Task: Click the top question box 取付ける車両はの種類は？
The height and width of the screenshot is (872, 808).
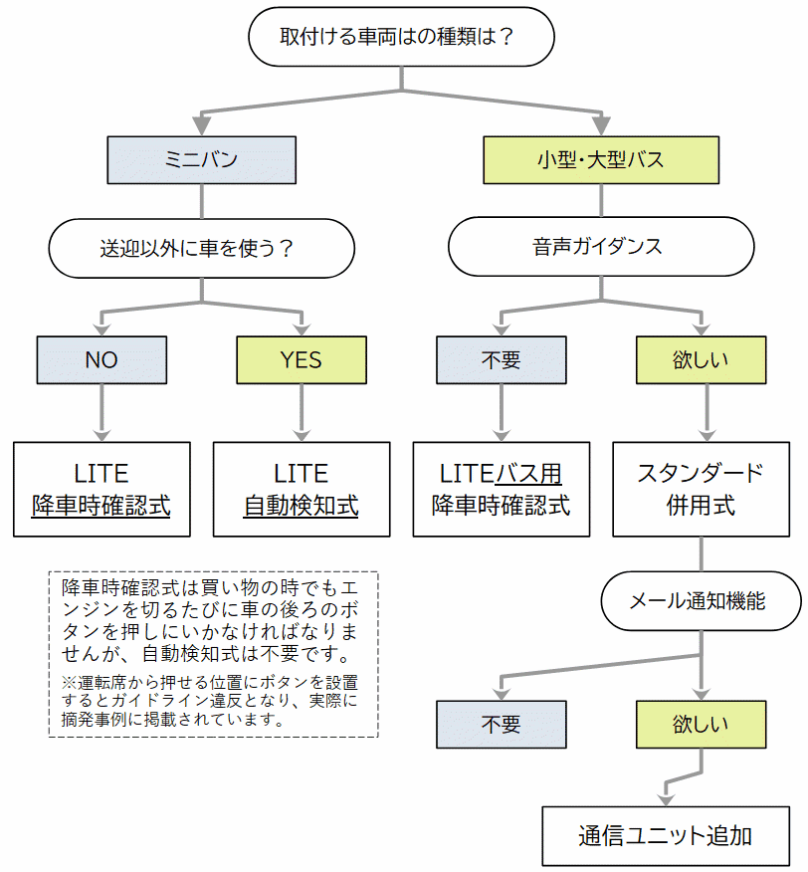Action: (400, 38)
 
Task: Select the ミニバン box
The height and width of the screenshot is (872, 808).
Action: (201, 159)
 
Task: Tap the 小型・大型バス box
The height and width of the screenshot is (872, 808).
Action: (601, 159)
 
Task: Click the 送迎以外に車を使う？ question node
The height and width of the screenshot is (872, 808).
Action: (201, 248)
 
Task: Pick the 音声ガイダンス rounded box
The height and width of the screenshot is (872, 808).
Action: (601, 248)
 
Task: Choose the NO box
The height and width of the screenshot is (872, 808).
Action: (101, 359)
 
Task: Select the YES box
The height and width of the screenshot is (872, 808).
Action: (302, 359)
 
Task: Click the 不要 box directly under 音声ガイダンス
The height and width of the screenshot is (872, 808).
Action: (501, 359)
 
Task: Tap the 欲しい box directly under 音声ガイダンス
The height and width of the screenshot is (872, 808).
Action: (701, 359)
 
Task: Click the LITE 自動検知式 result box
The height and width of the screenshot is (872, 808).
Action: (302, 489)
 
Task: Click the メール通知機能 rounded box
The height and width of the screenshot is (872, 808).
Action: (701, 600)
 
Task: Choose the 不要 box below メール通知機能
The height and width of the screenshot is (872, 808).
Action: (501, 724)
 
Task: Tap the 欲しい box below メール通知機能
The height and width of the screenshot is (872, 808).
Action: (701, 724)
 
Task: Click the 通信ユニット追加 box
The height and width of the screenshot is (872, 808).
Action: (666, 835)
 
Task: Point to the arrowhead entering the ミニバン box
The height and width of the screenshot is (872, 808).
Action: (201, 125)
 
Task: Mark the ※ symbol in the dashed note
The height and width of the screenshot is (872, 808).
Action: (68, 683)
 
